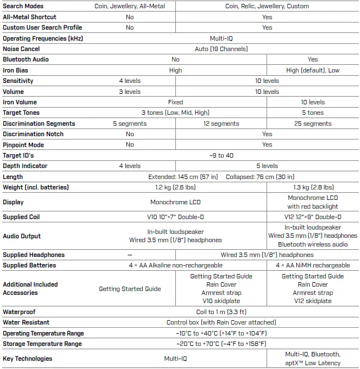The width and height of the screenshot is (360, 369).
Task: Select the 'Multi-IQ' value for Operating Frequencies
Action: [221, 38]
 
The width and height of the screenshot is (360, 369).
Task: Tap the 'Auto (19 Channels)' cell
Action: [221, 49]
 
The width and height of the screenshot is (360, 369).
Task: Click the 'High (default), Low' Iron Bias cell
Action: [313, 70]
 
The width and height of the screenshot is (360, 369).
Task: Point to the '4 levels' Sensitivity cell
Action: [130, 81]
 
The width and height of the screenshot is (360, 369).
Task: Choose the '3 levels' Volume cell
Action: [130, 92]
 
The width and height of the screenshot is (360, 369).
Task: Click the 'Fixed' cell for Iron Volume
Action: [175, 102]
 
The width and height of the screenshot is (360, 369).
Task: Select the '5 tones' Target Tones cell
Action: [313, 113]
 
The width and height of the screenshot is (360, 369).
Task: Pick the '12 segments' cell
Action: [221, 124]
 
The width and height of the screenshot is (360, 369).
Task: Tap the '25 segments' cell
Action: [313, 124]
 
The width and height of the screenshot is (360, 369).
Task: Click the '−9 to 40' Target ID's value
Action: [221, 155]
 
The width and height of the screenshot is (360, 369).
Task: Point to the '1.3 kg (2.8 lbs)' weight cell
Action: [313, 187]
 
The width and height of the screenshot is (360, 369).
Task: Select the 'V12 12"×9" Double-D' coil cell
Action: [313, 217]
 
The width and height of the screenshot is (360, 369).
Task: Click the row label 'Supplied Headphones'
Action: [34, 255]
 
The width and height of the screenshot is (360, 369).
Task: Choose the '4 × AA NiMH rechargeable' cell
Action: [313, 265]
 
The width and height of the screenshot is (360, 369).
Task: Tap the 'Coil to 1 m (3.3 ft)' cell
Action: [221, 311]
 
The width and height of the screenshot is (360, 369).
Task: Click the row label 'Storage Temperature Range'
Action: [42, 344]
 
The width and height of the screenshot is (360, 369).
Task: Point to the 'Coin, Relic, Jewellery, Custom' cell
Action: [267, 6]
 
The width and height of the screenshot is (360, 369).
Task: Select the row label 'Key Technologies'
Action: [27, 359]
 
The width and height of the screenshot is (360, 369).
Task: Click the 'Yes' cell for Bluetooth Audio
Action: [313, 59]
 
